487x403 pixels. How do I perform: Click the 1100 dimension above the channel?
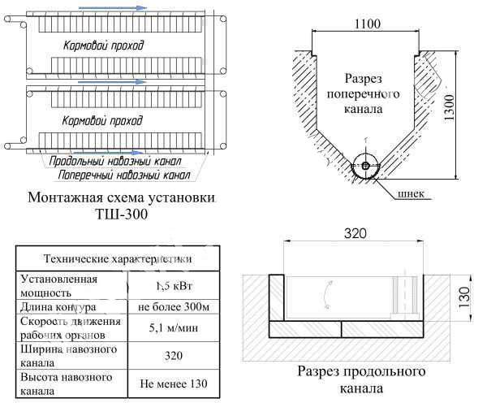click(x=366, y=25)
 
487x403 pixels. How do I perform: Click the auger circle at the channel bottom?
click(x=365, y=166)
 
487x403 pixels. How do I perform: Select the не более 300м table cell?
click(x=173, y=308)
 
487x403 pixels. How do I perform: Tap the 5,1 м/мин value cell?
click(x=173, y=330)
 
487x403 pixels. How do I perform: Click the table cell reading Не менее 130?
click(x=173, y=382)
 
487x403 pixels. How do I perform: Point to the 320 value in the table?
click(x=173, y=356)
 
